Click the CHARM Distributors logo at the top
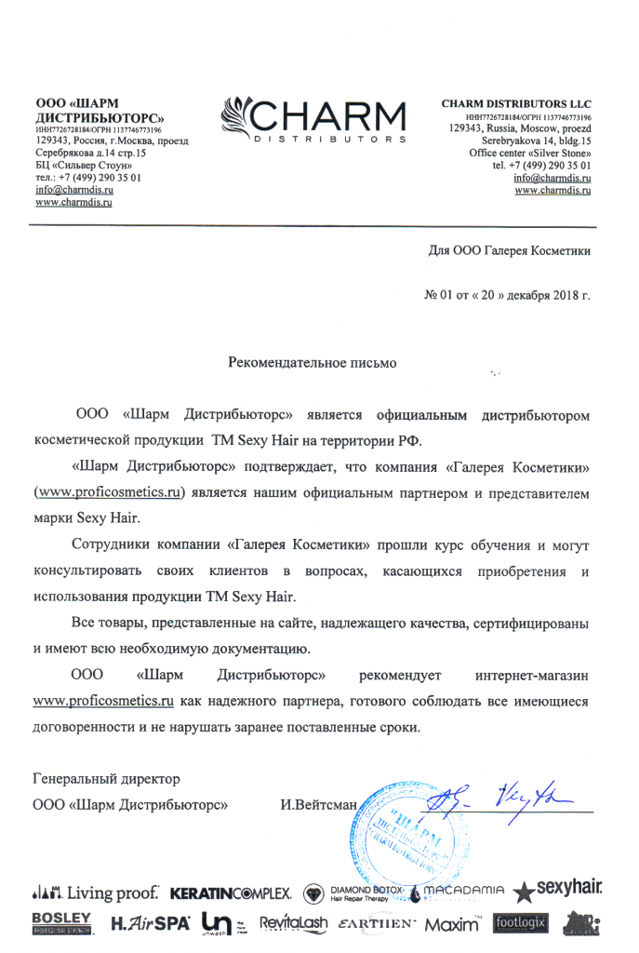(x=313, y=120)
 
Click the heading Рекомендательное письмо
(x=313, y=363)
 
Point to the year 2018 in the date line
(x=555, y=296)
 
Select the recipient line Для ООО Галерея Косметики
(x=509, y=250)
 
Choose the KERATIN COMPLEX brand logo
(x=232, y=893)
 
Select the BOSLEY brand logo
(x=61, y=922)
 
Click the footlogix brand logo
(x=521, y=922)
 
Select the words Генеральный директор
(x=107, y=778)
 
